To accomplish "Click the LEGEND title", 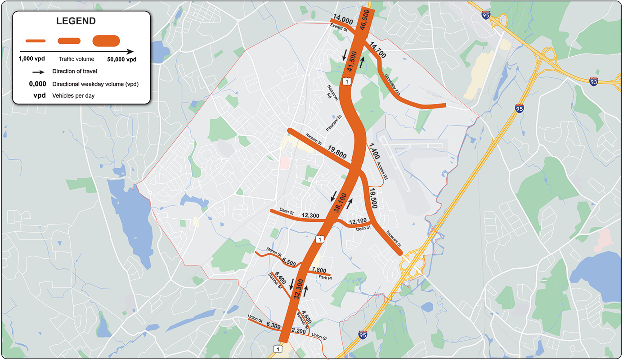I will [x=76, y=21].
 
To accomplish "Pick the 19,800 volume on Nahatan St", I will [x=337, y=152].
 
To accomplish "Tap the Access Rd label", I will [x=382, y=169].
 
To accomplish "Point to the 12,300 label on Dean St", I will [x=311, y=216].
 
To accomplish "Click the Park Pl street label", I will [x=325, y=278].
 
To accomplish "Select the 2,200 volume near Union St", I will [x=299, y=331].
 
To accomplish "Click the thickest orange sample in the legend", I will [x=106, y=41].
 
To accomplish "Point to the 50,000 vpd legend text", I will [x=121, y=59].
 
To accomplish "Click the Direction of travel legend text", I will [x=75, y=72].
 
